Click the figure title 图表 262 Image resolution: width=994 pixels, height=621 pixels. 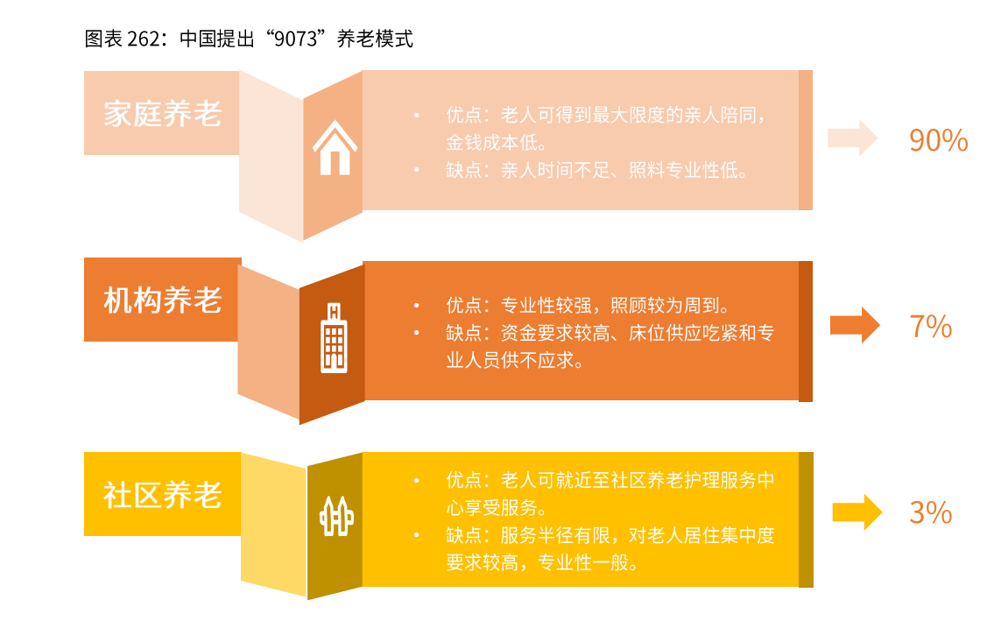coord(122,39)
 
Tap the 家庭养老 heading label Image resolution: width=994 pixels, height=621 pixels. coord(163,114)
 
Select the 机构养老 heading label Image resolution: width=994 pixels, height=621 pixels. coord(163,300)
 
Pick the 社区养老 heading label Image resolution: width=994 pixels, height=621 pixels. coord(163,495)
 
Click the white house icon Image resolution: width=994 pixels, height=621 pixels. coord(334,149)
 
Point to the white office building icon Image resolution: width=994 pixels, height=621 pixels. coord(334,337)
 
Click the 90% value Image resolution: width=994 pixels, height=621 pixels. coord(938,140)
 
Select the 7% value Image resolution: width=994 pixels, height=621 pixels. coord(930,327)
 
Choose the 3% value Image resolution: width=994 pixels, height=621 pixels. coord(930,512)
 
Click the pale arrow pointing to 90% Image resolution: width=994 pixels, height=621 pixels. coord(852,138)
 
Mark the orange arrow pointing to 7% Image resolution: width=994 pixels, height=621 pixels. coord(855,325)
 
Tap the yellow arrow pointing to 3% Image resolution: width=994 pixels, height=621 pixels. coord(857,512)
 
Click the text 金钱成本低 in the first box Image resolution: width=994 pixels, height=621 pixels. coord(497,143)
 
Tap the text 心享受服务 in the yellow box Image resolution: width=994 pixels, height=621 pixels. coord(497,508)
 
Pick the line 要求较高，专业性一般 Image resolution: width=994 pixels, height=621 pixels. coord(541,562)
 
